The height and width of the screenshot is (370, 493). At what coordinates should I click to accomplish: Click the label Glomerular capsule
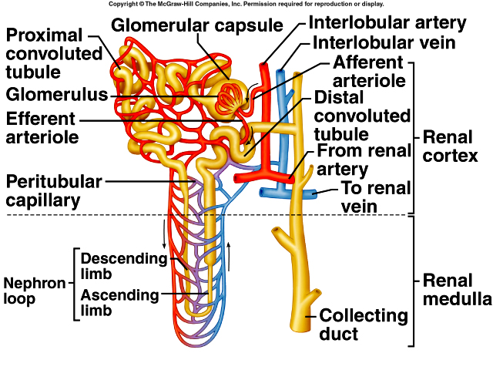pos(197,25)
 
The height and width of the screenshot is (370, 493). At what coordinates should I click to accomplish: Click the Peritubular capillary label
pos(54,191)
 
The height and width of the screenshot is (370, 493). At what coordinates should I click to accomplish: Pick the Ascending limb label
pos(119,302)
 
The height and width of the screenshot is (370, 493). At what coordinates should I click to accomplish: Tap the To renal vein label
pos(377,197)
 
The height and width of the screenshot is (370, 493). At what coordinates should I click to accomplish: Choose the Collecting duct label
pos(364,324)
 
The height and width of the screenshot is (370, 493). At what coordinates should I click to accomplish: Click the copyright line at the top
pos(246,5)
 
